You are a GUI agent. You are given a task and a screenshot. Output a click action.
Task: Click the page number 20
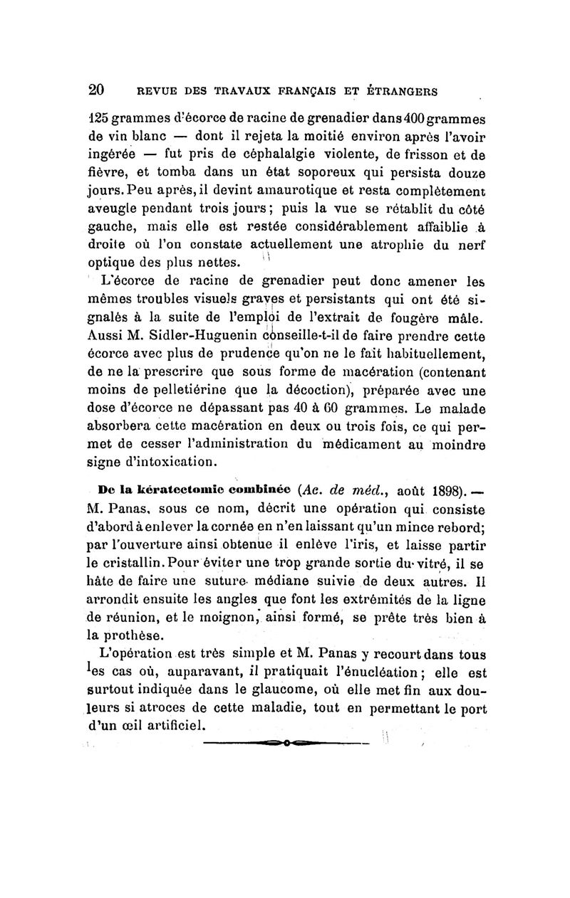tap(97, 90)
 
